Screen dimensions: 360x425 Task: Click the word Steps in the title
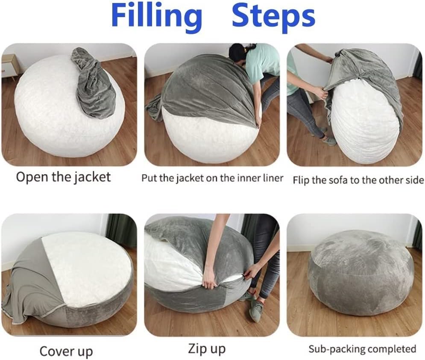(x=273, y=17)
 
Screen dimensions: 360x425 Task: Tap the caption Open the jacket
(x=63, y=177)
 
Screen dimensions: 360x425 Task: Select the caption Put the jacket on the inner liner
(x=212, y=178)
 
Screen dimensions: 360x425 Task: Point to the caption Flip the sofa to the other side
(x=358, y=180)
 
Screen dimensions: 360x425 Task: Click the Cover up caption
(x=66, y=351)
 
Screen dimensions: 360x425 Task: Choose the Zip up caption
(x=207, y=348)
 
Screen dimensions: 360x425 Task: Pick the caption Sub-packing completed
(x=362, y=349)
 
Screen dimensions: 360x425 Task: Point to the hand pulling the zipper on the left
(x=208, y=282)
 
